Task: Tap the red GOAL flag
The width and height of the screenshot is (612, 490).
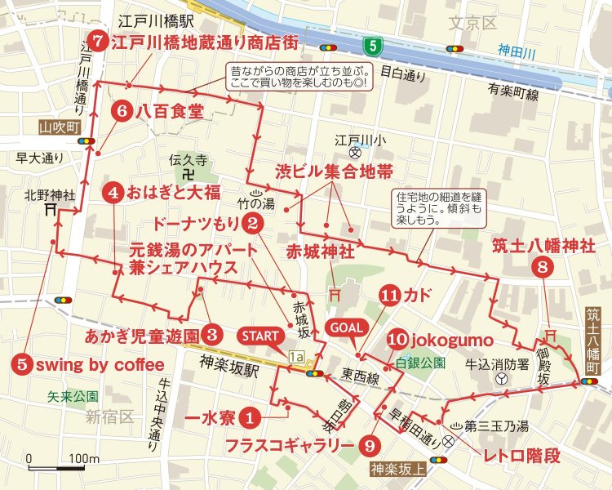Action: (343, 327)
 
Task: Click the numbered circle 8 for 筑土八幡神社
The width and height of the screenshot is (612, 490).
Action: (543, 265)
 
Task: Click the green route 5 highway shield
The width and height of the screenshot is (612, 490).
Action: (372, 44)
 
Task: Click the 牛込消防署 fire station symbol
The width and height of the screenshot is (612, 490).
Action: (500, 381)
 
